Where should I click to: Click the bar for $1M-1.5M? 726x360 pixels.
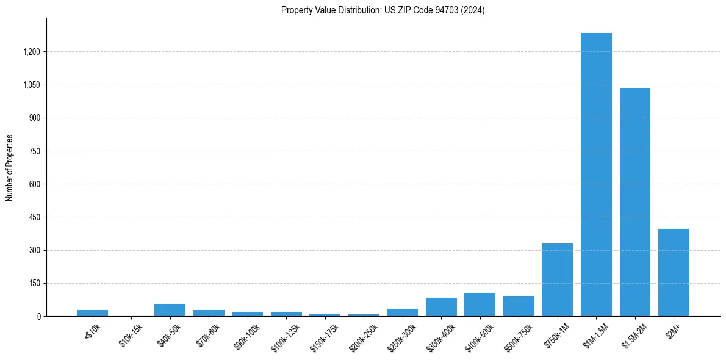[596, 175]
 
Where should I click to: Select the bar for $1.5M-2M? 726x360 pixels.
[635, 202]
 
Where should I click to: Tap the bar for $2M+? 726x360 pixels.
[674, 273]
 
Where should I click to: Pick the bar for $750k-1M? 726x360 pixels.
[557, 280]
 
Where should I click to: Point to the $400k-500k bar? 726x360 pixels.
[480, 304]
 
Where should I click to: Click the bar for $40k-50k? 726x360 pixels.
[170, 310]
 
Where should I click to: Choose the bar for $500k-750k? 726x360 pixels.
[519, 306]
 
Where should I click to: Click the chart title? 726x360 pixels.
[383, 10]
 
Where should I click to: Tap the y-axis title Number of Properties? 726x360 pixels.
[10, 167]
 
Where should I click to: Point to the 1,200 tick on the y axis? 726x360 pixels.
[31, 52]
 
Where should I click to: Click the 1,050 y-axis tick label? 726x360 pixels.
[31, 85]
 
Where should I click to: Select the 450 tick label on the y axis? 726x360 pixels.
[34, 217]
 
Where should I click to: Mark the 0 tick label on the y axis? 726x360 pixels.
[38, 316]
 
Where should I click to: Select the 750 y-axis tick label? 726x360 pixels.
[34, 151]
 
